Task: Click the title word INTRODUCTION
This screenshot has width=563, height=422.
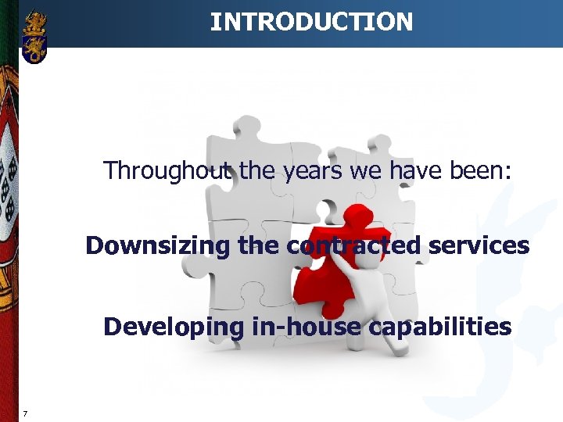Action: [311, 22]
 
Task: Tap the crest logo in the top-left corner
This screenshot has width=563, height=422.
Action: [34, 37]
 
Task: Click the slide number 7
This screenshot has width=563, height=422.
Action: [26, 413]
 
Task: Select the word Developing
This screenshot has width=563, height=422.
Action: [174, 327]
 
